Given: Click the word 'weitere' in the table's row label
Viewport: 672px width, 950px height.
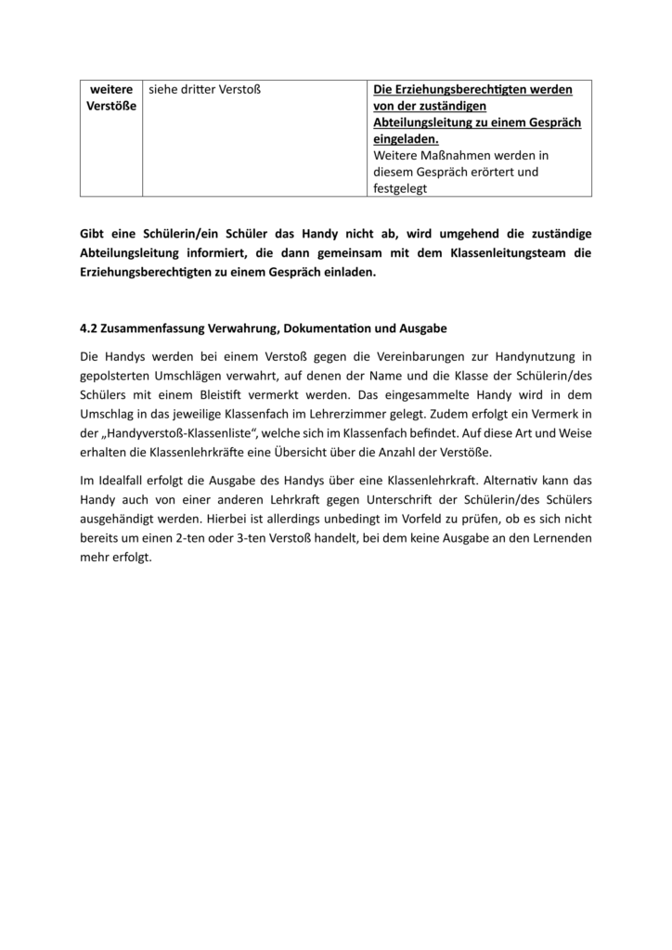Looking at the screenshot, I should (x=110, y=89).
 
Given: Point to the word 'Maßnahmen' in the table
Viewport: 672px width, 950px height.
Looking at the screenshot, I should (x=463, y=155).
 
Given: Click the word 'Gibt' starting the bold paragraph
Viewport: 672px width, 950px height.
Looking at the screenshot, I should (x=94, y=232).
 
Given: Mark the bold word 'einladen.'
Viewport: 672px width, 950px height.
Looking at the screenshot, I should (x=349, y=273).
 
